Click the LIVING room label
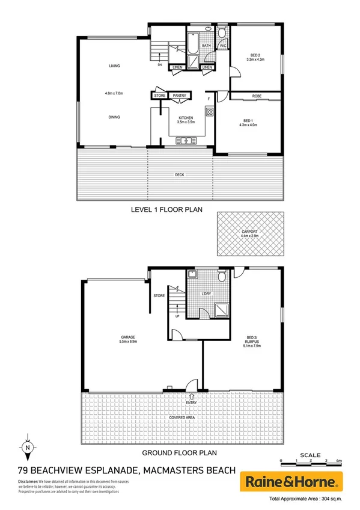pos(112,66)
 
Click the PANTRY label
pos(179,96)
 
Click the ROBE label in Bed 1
pos(257,96)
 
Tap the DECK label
pos(179,175)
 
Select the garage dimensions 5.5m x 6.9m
pos(127,341)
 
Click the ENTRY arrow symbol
pos(191,396)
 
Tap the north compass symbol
pos(27,447)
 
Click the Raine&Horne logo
pos(291,481)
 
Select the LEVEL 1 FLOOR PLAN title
pos(166,210)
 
